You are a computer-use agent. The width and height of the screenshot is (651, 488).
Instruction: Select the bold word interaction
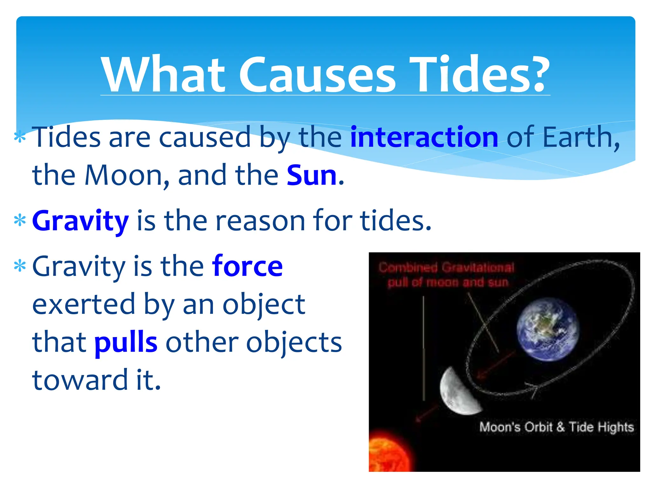(424, 137)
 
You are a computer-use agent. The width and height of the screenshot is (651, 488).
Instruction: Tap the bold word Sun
(312, 175)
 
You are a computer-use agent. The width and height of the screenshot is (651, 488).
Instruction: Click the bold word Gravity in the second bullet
(80, 221)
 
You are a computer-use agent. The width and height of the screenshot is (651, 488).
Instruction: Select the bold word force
(247, 266)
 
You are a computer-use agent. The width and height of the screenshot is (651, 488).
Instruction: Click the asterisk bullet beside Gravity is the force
(20, 266)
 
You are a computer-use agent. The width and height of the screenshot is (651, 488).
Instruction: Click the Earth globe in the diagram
(547, 329)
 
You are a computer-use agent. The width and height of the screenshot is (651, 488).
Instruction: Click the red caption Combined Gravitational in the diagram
(446, 268)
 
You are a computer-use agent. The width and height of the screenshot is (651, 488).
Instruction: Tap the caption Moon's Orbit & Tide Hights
(556, 427)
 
